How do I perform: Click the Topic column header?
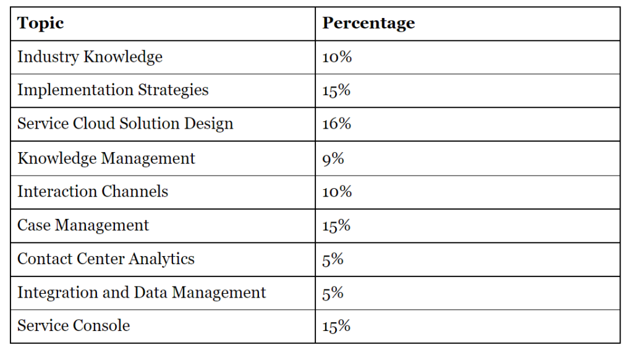(41, 24)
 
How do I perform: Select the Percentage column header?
(368, 24)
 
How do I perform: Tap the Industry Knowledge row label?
(90, 57)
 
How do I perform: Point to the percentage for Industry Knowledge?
(337, 57)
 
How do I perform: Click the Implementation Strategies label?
(113, 90)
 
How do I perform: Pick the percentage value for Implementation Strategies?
(337, 90)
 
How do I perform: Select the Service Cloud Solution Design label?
(125, 124)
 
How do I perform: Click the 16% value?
(337, 124)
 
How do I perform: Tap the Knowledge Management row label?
(106, 158)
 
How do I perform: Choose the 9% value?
(333, 158)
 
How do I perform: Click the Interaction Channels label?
(93, 192)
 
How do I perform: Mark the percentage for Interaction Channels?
(337, 192)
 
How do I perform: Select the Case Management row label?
(83, 225)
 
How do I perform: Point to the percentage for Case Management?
(337, 225)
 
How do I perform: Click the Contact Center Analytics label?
(106, 259)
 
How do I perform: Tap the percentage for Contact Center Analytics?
(333, 259)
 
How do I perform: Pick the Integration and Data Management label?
(142, 292)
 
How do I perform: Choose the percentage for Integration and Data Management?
(333, 292)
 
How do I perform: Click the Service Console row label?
(74, 325)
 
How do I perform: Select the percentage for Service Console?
(337, 325)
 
